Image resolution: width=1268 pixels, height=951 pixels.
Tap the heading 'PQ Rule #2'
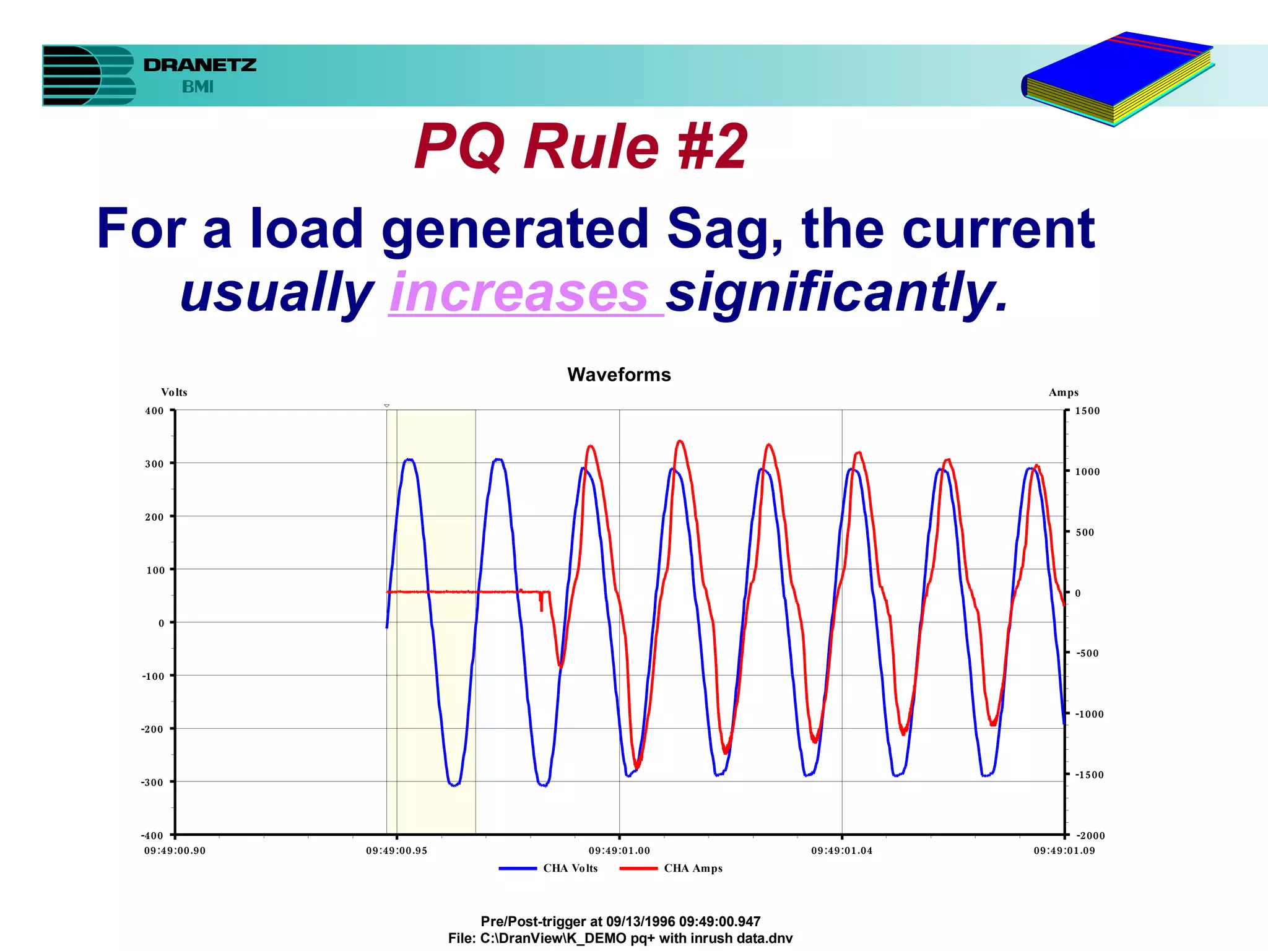581,146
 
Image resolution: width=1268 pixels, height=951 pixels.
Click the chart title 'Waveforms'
619,375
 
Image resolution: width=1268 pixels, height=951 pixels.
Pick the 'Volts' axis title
174,393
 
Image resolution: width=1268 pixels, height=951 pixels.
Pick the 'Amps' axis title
1063,393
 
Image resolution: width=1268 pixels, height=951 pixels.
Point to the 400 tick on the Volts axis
155,410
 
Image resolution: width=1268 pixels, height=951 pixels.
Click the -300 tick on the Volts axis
152,782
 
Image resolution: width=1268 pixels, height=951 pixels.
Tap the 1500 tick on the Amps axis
1087,410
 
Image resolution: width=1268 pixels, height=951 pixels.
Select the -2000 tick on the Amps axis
1090,835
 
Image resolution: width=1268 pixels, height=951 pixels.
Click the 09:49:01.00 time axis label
619,851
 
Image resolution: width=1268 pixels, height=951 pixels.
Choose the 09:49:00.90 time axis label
175,851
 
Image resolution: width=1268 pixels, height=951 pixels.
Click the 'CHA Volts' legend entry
570,868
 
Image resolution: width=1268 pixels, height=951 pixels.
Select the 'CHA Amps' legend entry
693,868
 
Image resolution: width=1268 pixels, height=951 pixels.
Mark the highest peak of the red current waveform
680,441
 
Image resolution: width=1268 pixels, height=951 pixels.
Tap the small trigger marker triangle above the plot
387,406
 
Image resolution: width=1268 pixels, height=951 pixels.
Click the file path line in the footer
620,938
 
